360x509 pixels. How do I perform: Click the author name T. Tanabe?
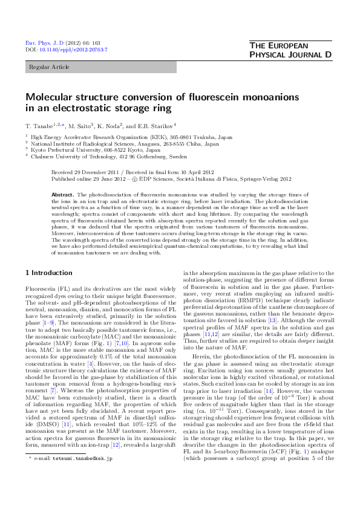point(39,125)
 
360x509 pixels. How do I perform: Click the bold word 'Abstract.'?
point(62,195)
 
